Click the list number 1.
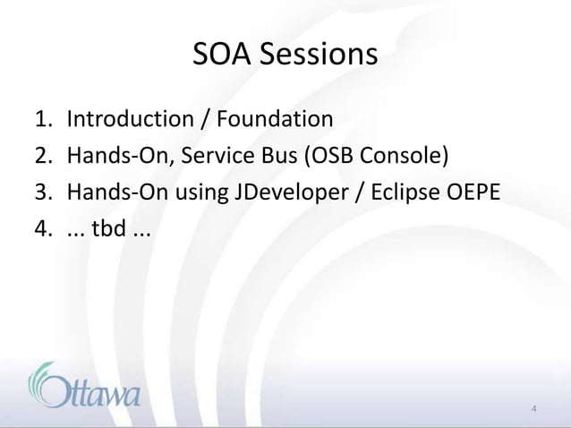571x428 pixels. pos(41,119)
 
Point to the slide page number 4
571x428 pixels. pos(533,410)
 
